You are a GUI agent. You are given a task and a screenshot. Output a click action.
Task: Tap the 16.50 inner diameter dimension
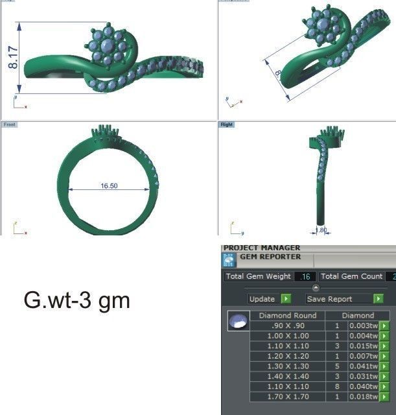coord(108,185)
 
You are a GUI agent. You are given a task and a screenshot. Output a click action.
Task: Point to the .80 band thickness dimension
coord(321,230)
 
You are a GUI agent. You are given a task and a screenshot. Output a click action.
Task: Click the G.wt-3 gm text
coord(76,301)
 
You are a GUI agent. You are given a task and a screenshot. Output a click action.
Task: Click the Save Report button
coord(344,299)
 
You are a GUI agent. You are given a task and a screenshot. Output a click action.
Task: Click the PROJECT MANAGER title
coord(261,248)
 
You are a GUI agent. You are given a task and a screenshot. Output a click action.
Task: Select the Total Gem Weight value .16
coord(305,277)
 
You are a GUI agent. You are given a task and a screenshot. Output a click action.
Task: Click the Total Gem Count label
coord(353,277)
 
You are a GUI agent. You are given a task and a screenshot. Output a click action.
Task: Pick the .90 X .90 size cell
coord(287,326)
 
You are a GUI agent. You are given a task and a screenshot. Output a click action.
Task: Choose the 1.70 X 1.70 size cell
coord(287,396)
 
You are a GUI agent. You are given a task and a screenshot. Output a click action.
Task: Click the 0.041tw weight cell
coord(362,366)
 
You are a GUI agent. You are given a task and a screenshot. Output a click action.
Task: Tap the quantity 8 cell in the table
coord(336,386)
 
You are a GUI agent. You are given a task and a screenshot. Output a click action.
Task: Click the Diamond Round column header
coord(287,316)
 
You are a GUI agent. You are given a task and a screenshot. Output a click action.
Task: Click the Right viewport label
coord(227,123)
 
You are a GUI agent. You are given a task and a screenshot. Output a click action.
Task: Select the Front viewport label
coord(9,123)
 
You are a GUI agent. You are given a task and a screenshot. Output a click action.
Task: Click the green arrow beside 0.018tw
coord(384,396)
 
